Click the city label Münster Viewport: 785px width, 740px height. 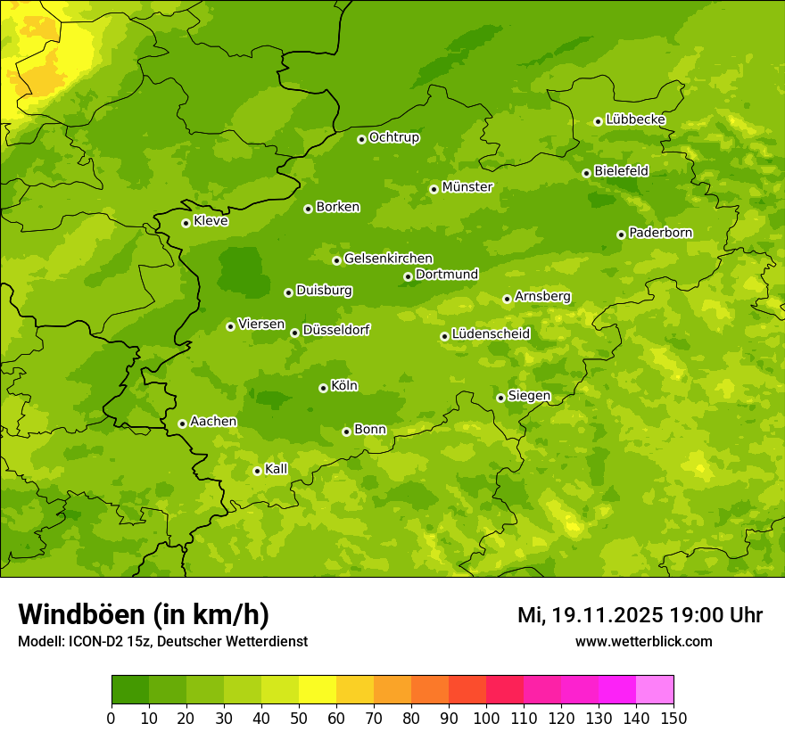(x=467, y=187)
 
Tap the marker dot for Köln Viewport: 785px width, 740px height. (x=323, y=388)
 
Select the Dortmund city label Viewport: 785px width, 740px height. (x=447, y=275)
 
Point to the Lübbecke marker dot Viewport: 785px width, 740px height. (x=598, y=121)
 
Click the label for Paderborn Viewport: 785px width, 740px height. (x=660, y=233)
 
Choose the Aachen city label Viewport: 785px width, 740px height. (x=213, y=422)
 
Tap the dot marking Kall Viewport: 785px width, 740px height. (x=257, y=471)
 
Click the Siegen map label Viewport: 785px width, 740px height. (x=529, y=396)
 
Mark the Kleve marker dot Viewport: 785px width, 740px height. (x=186, y=223)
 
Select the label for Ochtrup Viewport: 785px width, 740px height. (x=393, y=137)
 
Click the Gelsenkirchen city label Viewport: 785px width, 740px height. (x=388, y=259)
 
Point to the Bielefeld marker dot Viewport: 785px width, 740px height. (x=586, y=173)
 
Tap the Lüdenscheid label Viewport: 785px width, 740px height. (x=491, y=334)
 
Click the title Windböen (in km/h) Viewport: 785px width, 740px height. (x=144, y=614)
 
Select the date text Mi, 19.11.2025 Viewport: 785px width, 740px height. (x=589, y=615)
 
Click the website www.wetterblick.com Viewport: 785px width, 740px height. (x=643, y=641)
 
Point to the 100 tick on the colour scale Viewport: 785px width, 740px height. (x=486, y=718)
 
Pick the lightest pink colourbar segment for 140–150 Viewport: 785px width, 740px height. (x=655, y=689)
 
